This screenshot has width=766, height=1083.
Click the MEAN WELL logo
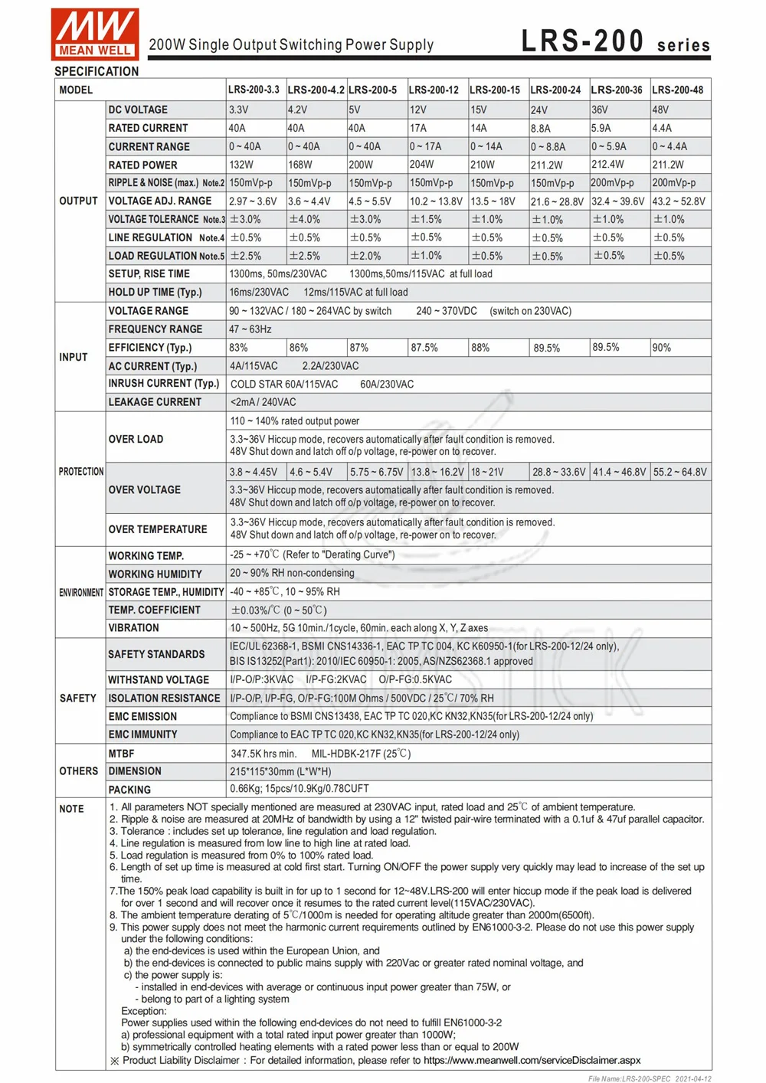click(95, 34)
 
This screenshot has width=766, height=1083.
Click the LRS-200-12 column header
click(434, 90)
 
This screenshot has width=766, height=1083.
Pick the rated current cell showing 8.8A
click(540, 129)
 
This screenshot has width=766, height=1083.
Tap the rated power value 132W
click(241, 165)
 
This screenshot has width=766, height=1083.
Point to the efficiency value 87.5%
click(424, 348)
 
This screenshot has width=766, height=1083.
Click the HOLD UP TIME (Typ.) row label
click(155, 293)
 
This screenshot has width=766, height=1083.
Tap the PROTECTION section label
click(80, 472)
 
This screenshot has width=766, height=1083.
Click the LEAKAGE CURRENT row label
click(155, 402)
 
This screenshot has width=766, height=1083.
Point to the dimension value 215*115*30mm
click(280, 771)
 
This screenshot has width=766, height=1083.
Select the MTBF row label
click(121, 754)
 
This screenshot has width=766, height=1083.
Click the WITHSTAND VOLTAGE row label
click(158, 680)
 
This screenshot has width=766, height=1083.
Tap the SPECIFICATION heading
click(97, 71)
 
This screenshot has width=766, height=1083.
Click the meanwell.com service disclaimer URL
click(532, 1061)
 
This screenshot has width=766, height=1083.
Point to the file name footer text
click(650, 1078)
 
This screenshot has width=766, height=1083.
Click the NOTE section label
click(71, 809)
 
